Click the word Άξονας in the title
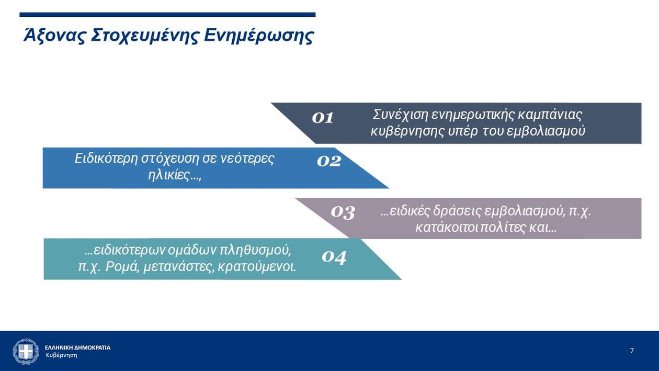click(x=54, y=36)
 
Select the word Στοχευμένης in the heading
click(x=144, y=36)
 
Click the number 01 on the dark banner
click(x=322, y=118)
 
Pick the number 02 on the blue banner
click(x=329, y=161)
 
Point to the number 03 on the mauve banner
click(x=343, y=212)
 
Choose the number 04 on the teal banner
click(x=334, y=257)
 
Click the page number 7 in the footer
click(x=632, y=351)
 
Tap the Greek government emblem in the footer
click(x=26, y=351)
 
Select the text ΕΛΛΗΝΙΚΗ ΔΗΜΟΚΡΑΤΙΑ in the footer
click(x=77, y=348)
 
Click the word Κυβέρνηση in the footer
click(x=62, y=355)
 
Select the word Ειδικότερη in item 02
click(x=106, y=159)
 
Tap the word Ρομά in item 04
click(x=122, y=267)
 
